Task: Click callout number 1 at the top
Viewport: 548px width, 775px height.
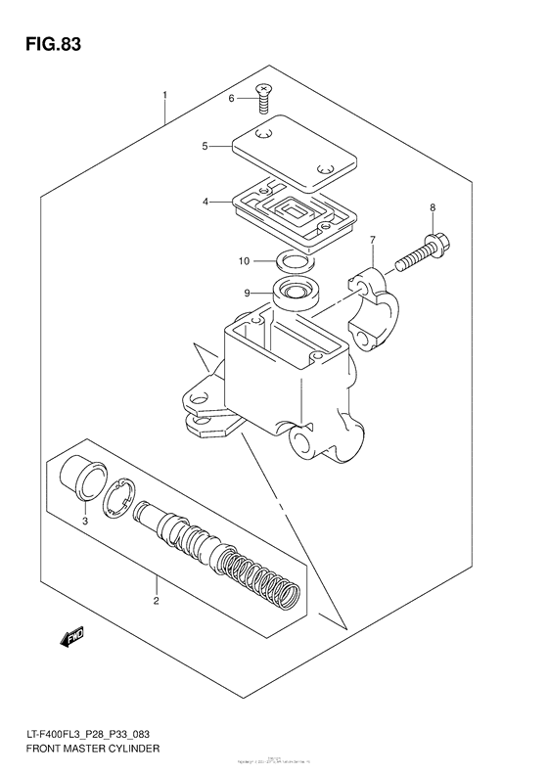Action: (165, 95)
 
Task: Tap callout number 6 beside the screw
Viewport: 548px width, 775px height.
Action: (232, 99)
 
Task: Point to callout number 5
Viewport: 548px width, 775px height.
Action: (205, 147)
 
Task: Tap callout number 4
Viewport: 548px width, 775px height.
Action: (205, 202)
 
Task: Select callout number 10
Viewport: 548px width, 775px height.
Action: (245, 261)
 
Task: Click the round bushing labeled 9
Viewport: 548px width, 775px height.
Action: (295, 292)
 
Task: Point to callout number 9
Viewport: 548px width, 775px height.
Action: (248, 293)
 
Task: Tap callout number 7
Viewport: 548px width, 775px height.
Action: (373, 240)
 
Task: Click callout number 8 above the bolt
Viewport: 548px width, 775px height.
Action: (432, 208)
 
